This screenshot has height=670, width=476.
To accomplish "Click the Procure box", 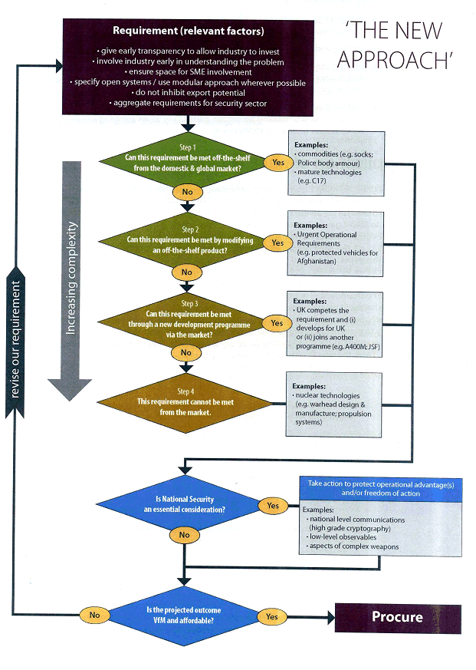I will point(397,617).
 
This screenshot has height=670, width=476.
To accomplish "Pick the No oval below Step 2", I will point(187,272).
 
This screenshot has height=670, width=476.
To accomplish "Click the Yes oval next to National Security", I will point(274,507).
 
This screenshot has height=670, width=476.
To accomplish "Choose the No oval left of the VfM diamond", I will point(94,616).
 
